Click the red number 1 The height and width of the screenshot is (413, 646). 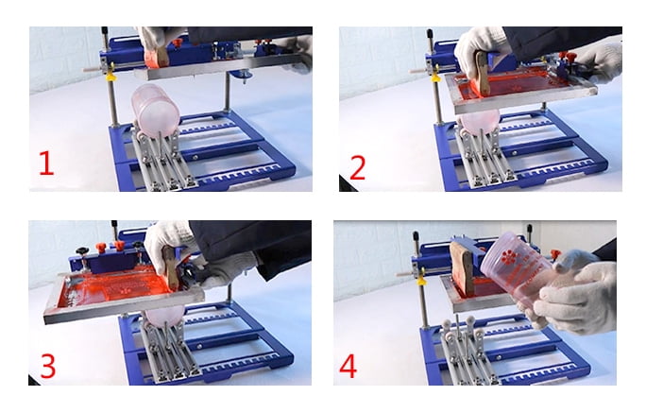46,163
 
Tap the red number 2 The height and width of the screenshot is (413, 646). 358,168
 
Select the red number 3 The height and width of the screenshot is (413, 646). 48,366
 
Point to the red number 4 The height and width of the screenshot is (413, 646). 348,366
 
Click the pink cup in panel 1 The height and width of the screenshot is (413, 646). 155,111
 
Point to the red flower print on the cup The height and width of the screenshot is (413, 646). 509,257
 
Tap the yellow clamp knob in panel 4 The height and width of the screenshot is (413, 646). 420,282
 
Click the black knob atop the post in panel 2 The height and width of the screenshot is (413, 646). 430,34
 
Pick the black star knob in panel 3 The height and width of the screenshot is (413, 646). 81,251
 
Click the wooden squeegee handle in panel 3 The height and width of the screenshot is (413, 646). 170,267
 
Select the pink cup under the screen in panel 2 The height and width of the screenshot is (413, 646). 478,121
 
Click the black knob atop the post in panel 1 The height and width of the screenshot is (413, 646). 105,32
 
